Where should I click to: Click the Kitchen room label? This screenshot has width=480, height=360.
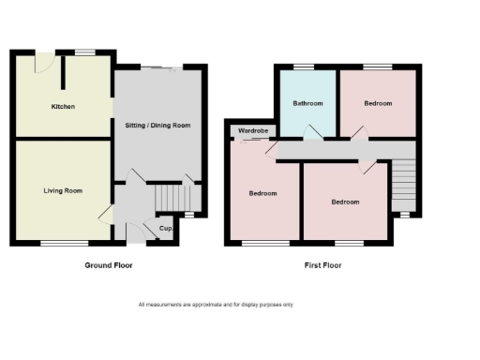coord(63,107)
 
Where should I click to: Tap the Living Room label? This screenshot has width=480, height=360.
coord(63,190)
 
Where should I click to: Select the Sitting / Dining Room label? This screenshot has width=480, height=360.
coord(157,125)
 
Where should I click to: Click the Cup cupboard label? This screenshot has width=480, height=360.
coord(165,229)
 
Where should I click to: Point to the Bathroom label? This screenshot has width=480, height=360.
coord(307,103)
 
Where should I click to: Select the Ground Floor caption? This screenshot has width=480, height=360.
coord(110,265)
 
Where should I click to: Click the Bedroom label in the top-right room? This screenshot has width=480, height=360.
coord(378,103)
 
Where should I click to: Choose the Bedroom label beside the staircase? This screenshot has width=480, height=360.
coord(345,202)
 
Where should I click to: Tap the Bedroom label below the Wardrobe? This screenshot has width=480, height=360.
coord(262,193)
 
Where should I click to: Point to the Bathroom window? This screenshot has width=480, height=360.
coord(303,67)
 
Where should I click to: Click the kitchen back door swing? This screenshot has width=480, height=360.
coord(40,62)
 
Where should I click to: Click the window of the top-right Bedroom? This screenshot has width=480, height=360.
coord(379,67)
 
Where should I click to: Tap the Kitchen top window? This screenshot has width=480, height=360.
coord(85,51)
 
